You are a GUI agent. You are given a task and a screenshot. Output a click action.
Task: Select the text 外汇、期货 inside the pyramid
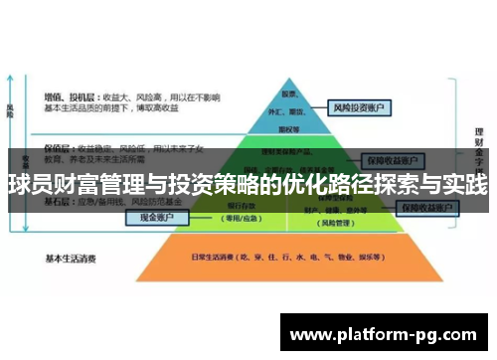(x=292, y=111)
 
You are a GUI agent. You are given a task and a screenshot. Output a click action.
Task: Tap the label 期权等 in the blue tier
(x=292, y=128)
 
